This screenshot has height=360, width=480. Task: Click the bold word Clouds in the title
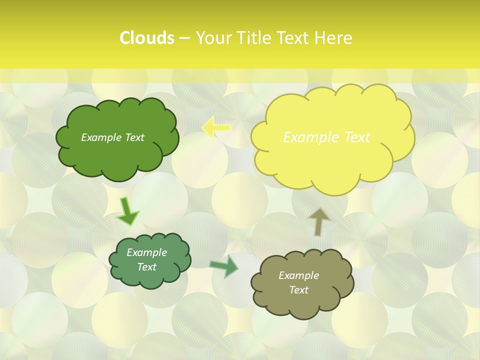(146, 38)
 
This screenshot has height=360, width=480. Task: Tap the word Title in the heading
(257, 38)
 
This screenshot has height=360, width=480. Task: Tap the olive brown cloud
(302, 305)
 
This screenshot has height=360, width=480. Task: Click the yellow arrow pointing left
(215, 128)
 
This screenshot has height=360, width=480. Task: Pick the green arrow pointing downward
(127, 211)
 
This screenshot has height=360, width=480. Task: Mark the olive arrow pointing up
(318, 221)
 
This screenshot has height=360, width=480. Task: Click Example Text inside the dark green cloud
(112, 137)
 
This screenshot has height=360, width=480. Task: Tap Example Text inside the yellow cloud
(326, 137)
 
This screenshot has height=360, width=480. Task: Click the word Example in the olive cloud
(298, 275)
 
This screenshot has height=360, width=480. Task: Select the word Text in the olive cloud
(298, 290)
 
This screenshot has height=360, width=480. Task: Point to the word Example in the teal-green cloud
(146, 252)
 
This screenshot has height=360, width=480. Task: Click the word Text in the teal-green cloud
(146, 267)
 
